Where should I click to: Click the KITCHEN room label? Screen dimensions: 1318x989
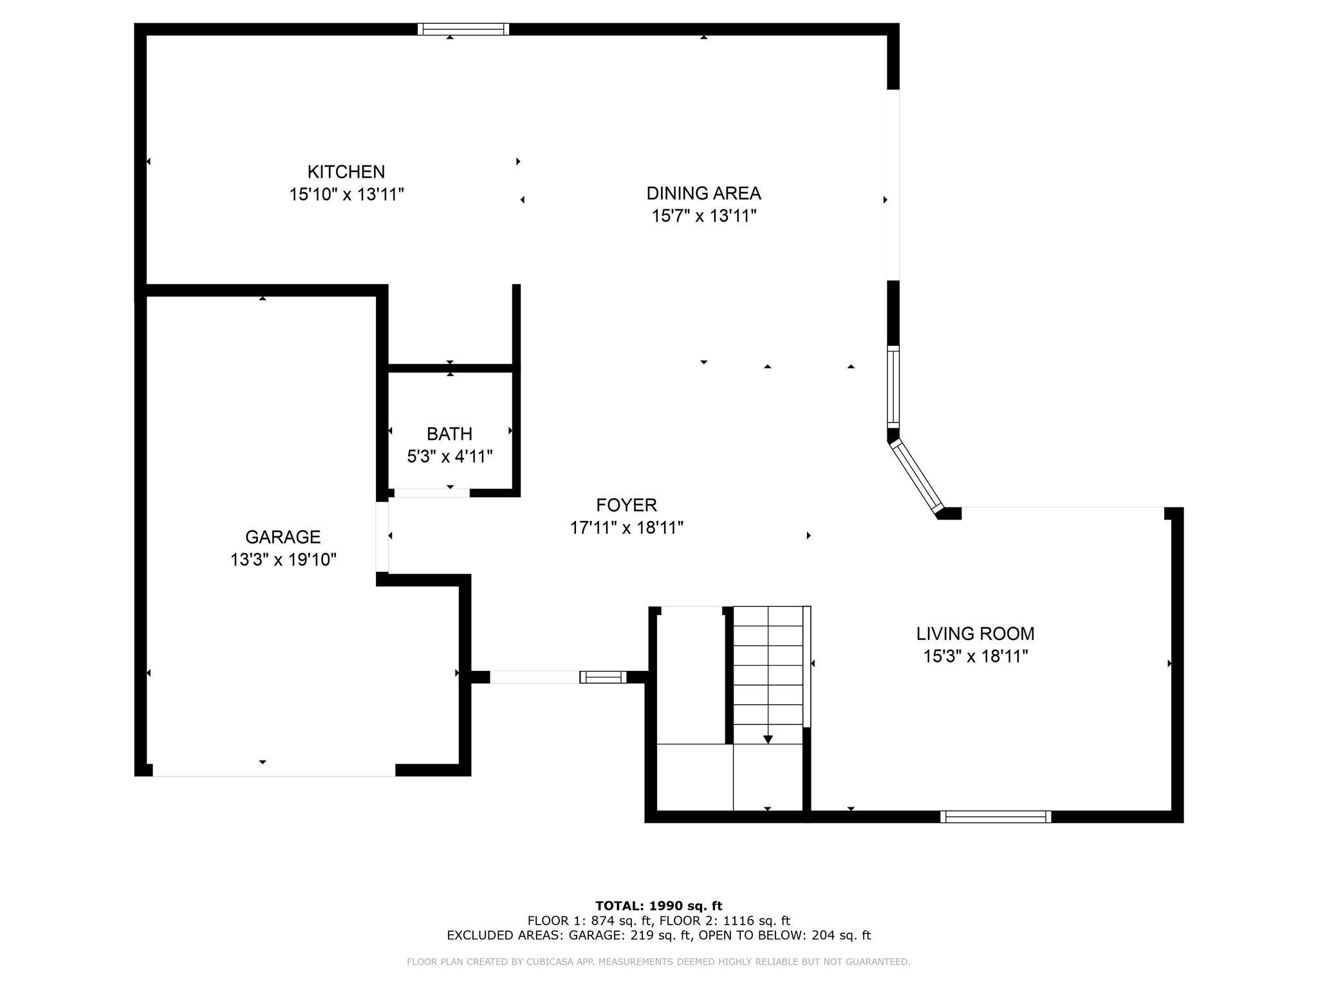(x=346, y=172)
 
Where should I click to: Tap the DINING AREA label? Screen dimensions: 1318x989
(x=703, y=193)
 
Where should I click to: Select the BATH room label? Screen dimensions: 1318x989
(x=449, y=434)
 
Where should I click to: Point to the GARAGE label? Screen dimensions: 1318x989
(x=283, y=537)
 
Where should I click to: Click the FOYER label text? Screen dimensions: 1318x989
(x=626, y=505)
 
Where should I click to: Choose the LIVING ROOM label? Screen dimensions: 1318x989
(x=975, y=634)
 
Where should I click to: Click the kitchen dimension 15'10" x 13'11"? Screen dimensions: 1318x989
(x=346, y=194)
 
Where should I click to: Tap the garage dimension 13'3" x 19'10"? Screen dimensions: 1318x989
(x=283, y=560)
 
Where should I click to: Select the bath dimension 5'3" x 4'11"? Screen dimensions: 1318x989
(x=450, y=457)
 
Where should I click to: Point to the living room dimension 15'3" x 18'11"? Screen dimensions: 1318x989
(x=976, y=656)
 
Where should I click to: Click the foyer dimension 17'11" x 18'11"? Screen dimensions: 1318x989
(x=626, y=528)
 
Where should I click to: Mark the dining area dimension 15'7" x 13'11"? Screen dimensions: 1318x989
(x=704, y=216)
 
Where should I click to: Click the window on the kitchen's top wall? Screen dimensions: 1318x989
(x=463, y=29)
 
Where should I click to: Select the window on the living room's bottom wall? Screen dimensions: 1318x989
(x=996, y=816)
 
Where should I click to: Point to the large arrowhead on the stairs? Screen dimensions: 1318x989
(x=768, y=740)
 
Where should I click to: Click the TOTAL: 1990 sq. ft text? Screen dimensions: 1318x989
(x=659, y=906)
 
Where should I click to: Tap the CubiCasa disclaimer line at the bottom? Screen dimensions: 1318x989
(x=658, y=962)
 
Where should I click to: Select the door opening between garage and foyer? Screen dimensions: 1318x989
(x=382, y=536)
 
